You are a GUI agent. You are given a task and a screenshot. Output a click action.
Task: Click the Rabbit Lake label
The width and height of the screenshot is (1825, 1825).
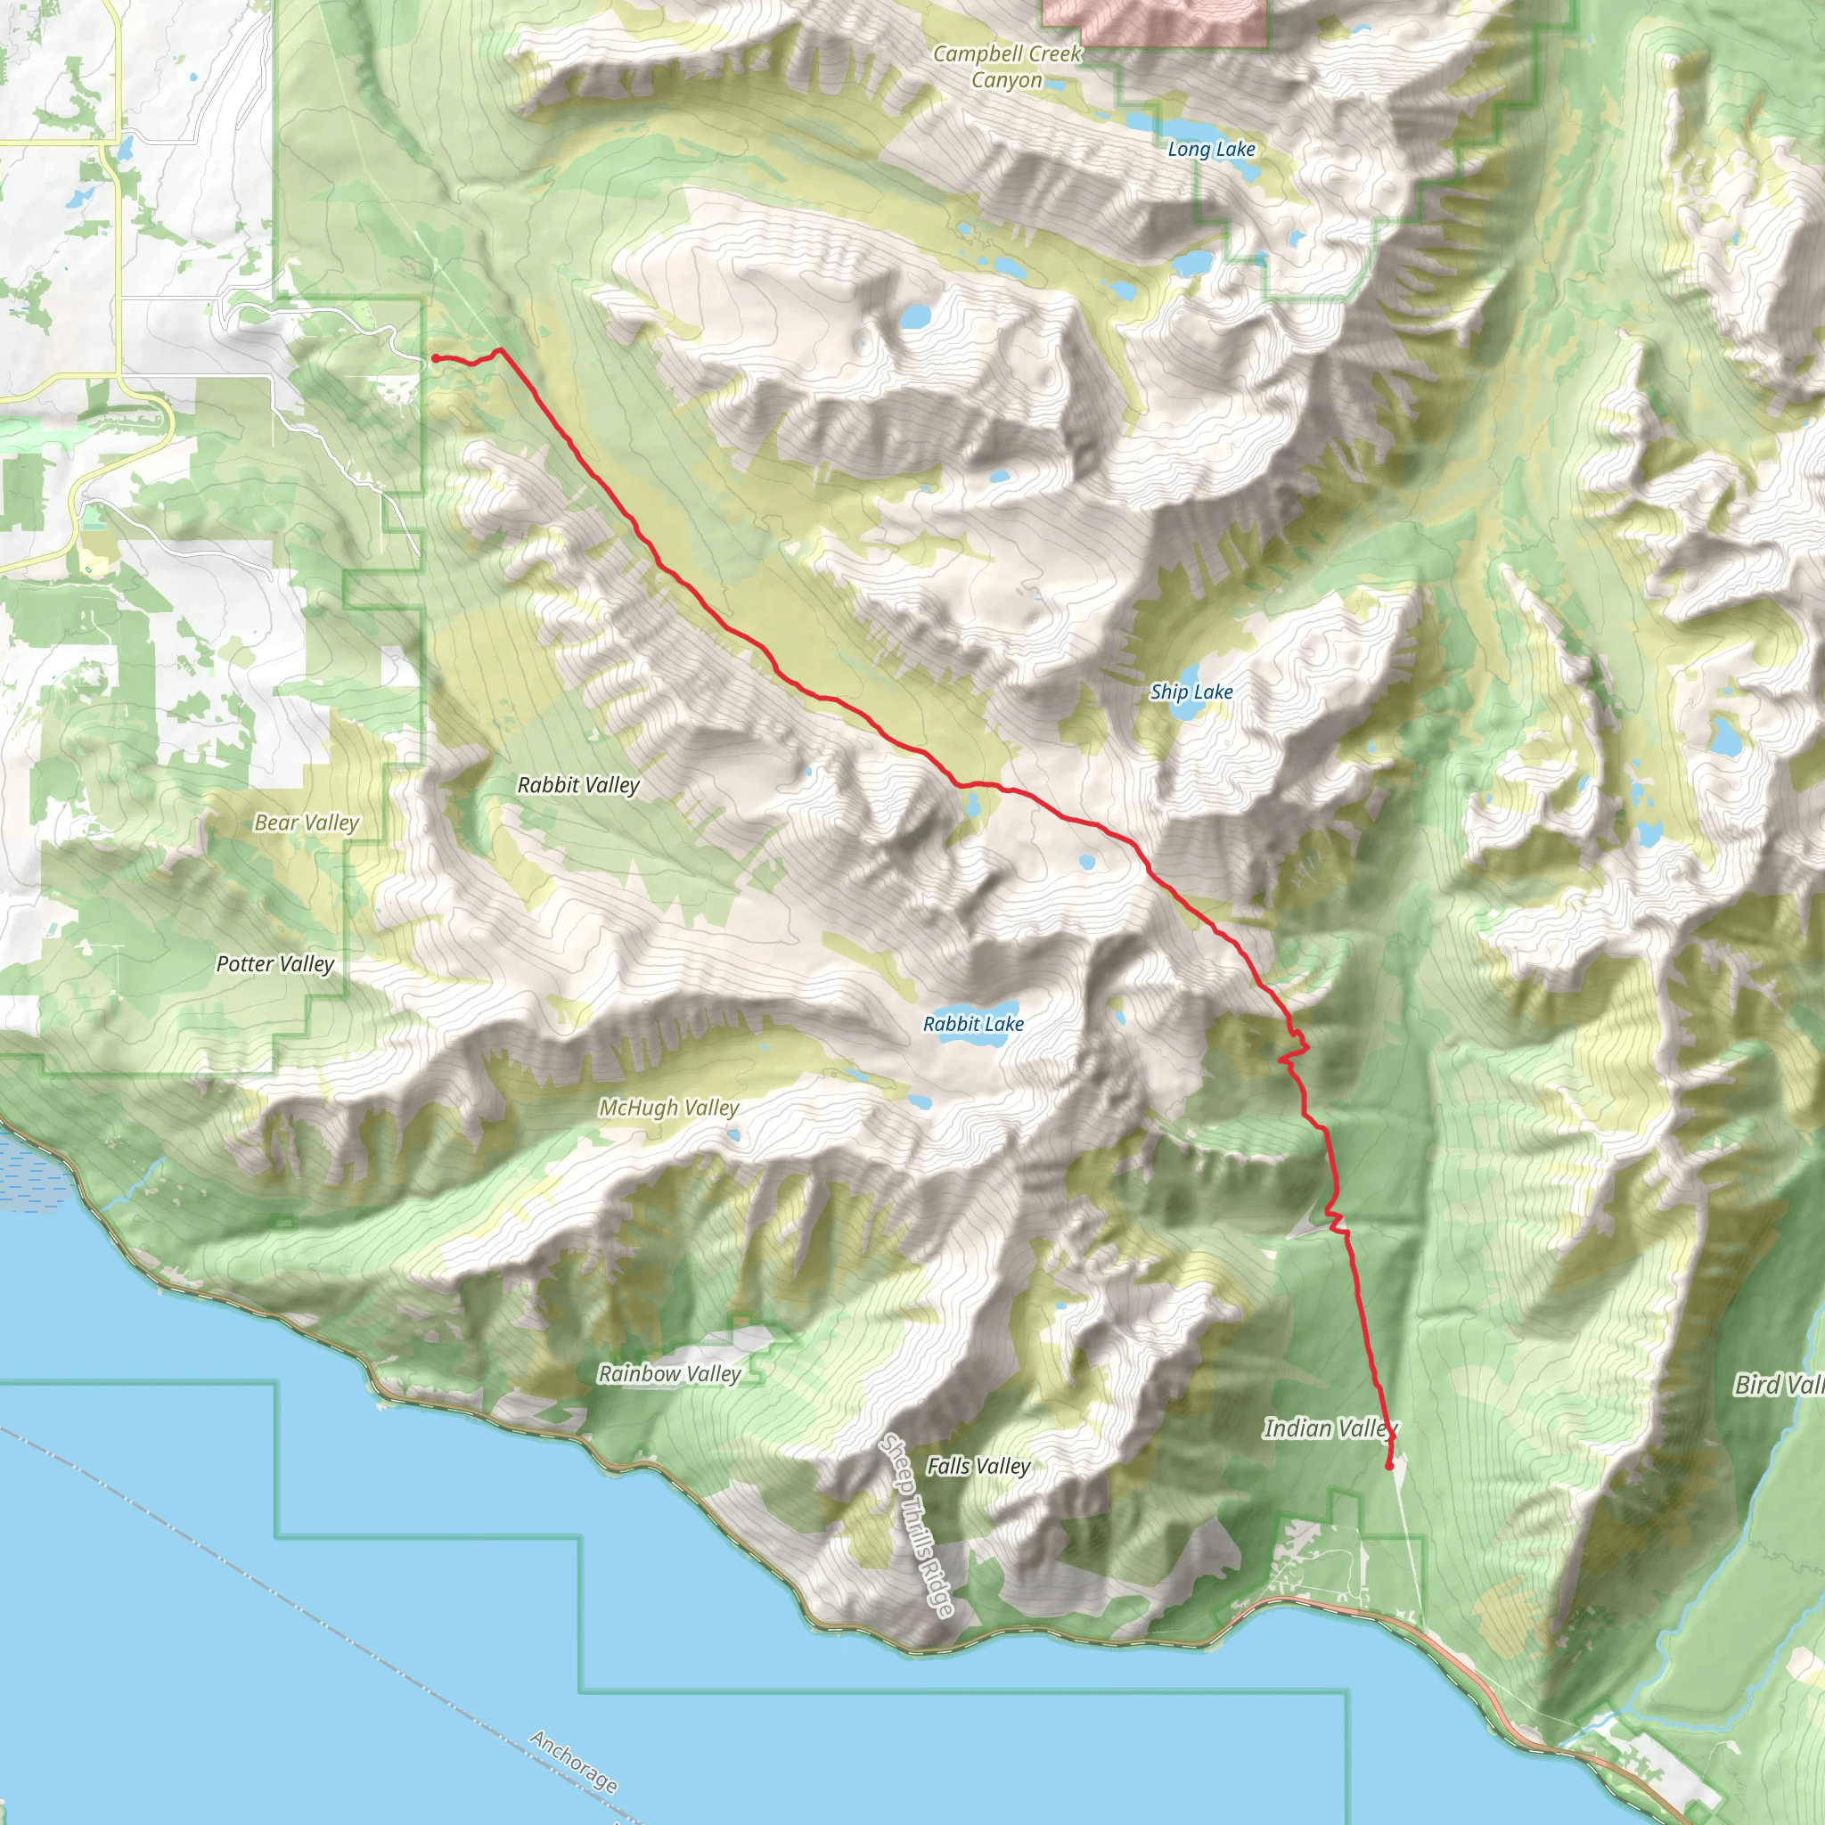pyautogui.click(x=973, y=1024)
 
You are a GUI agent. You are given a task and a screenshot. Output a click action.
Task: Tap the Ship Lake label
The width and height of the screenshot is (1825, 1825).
pyautogui.click(x=1191, y=692)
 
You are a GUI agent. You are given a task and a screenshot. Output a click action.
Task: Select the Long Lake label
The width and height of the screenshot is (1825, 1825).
pyautogui.click(x=1211, y=149)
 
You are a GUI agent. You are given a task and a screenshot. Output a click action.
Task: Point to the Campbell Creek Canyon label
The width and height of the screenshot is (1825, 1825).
pyautogui.click(x=1007, y=67)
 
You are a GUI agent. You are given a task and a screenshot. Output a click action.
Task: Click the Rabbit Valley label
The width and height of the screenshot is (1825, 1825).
pyautogui.click(x=578, y=785)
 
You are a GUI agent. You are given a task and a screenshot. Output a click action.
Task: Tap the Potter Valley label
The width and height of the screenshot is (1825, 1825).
pyautogui.click(x=274, y=963)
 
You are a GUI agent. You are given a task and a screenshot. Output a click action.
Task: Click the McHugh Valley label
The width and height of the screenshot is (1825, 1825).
pyautogui.click(x=669, y=1107)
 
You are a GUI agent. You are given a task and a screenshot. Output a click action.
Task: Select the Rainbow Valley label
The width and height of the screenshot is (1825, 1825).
pyautogui.click(x=669, y=1373)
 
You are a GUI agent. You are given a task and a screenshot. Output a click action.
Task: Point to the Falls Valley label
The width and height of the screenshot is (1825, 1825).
pyautogui.click(x=978, y=1466)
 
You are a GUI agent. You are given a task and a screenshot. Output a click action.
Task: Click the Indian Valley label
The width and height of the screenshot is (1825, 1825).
pyautogui.click(x=1330, y=1428)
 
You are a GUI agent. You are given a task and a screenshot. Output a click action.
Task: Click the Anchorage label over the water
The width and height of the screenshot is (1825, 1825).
pyautogui.click(x=573, y=1762)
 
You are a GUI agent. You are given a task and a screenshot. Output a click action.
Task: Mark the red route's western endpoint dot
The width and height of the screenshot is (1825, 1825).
pyautogui.click(x=436, y=358)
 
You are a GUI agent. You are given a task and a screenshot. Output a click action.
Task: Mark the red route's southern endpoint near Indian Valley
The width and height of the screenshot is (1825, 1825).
pyautogui.click(x=1388, y=1466)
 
